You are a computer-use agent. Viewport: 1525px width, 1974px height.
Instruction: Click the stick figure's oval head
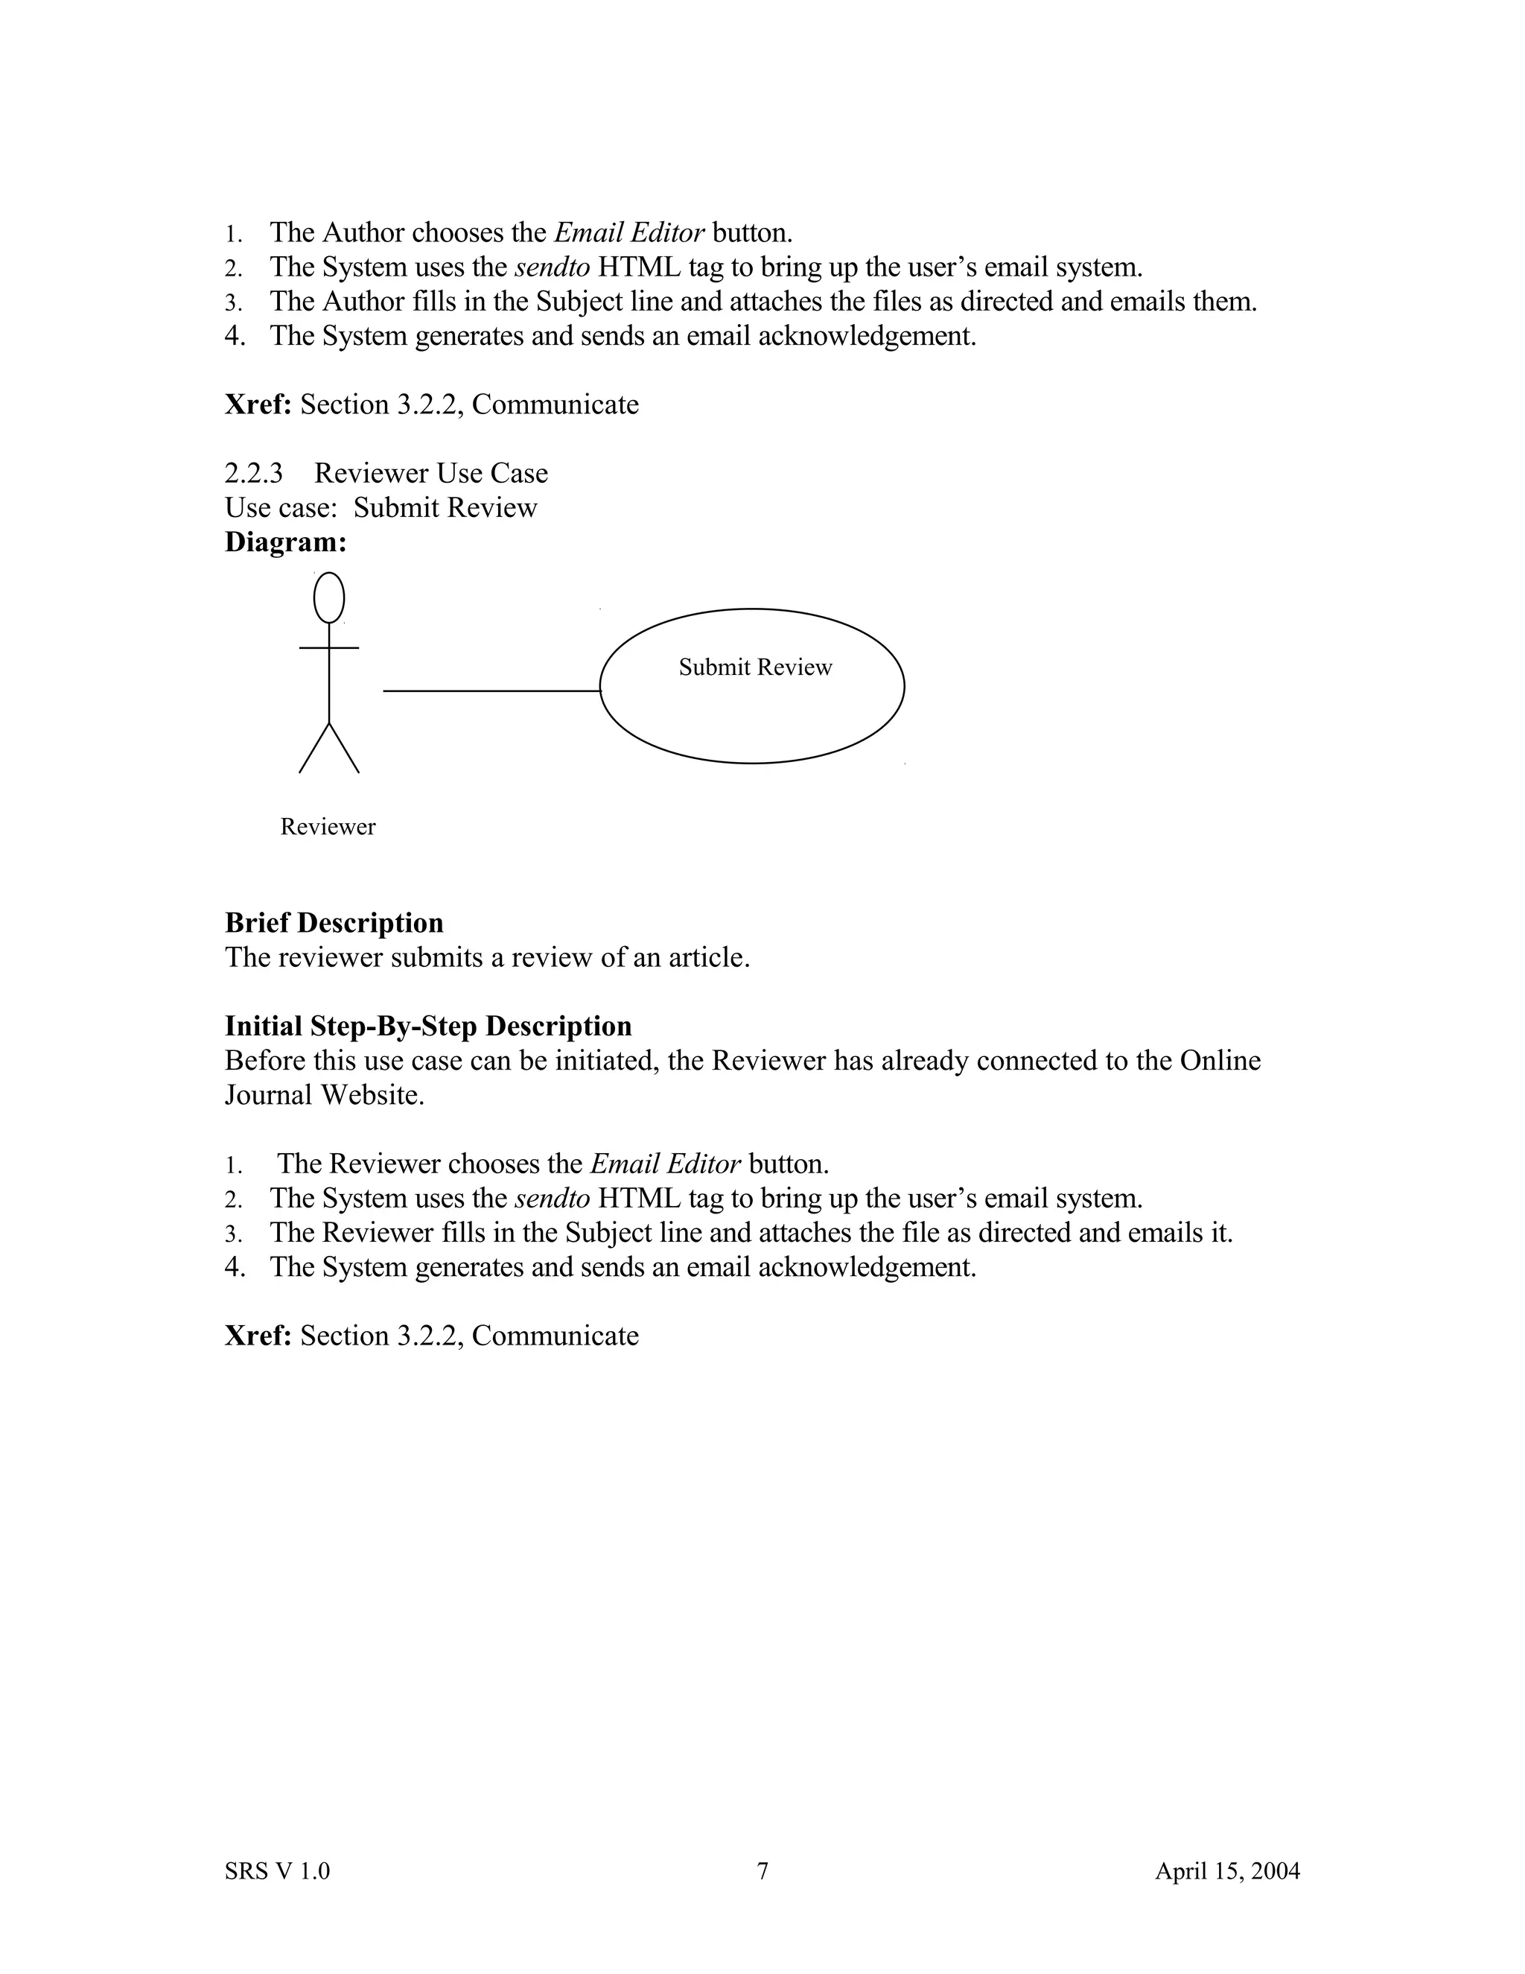tap(329, 597)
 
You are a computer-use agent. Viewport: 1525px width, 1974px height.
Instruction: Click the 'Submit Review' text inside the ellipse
tap(754, 667)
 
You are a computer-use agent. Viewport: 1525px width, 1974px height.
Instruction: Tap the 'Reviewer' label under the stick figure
tap(327, 826)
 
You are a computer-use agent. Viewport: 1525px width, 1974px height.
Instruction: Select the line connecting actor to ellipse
tap(491, 691)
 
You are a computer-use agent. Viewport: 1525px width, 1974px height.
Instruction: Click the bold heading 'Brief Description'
tap(334, 922)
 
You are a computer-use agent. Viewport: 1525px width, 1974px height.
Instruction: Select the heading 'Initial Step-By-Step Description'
tap(427, 1025)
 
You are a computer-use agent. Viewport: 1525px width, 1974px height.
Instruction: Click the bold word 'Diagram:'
tap(285, 542)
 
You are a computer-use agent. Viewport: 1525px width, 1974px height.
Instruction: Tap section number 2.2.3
tap(253, 473)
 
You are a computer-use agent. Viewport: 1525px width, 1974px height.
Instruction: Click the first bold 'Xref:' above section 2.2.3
tap(258, 404)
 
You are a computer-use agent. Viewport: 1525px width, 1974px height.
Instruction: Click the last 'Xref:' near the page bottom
tap(258, 1335)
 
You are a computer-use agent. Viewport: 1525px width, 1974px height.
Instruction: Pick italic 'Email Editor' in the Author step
tap(628, 232)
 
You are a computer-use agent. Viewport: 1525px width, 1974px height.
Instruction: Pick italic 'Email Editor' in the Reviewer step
tap(665, 1164)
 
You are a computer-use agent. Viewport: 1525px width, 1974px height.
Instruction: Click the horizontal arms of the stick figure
tap(329, 647)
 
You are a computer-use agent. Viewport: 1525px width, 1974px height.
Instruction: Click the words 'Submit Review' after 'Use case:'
tap(445, 507)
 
